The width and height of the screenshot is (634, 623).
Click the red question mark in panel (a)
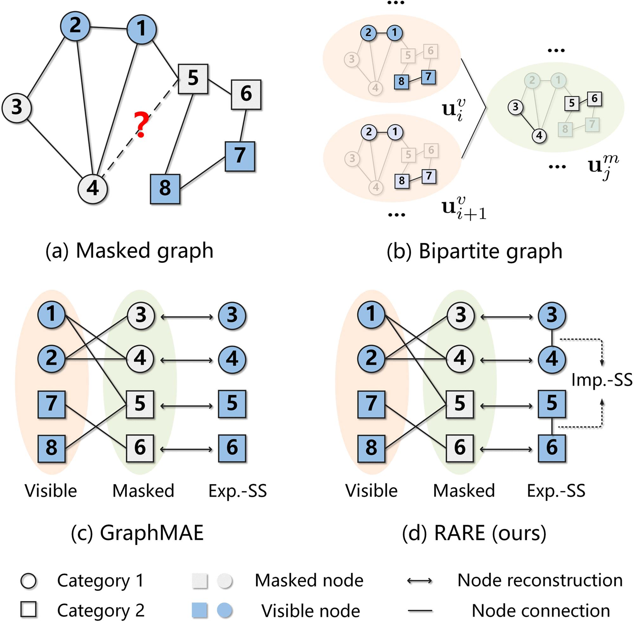141,124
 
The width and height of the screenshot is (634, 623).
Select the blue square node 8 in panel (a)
165,189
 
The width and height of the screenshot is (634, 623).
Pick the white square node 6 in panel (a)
246,94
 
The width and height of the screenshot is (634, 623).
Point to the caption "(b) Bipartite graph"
475,251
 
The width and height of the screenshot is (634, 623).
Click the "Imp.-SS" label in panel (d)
602,380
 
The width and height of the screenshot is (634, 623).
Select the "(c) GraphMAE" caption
137,533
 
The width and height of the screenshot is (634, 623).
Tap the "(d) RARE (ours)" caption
474,533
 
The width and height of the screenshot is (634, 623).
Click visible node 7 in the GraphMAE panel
51,404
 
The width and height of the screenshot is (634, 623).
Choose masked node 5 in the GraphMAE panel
140,404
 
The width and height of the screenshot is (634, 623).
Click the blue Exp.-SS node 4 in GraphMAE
232,359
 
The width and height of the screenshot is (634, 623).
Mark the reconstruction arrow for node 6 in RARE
506,449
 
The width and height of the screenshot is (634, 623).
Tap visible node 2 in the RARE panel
371,359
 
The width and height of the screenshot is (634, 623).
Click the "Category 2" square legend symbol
29,609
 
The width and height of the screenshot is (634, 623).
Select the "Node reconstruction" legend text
540,581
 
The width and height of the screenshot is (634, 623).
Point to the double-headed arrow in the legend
419,581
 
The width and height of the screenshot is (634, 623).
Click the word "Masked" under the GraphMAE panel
143,491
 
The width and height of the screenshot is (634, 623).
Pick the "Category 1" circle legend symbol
29,581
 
